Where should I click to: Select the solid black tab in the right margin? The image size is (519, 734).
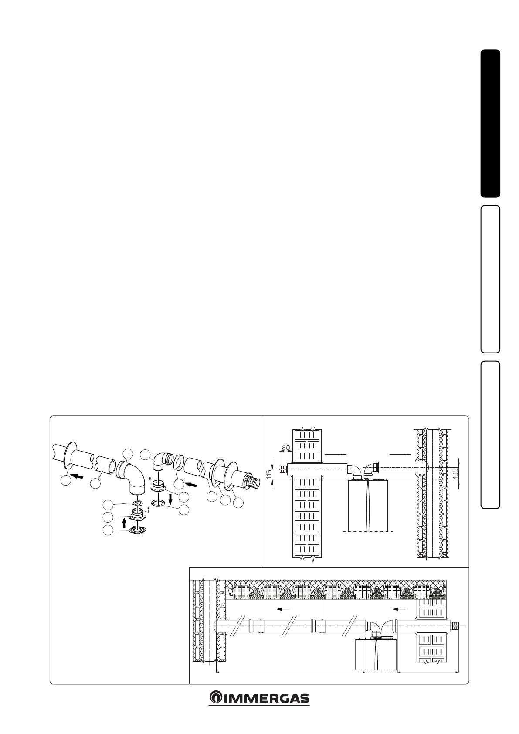490,123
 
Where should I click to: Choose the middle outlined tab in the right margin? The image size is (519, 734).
490,279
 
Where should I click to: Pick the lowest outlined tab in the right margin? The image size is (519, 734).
490,435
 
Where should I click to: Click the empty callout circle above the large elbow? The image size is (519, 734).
129,453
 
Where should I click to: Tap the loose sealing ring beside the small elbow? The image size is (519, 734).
179,463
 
